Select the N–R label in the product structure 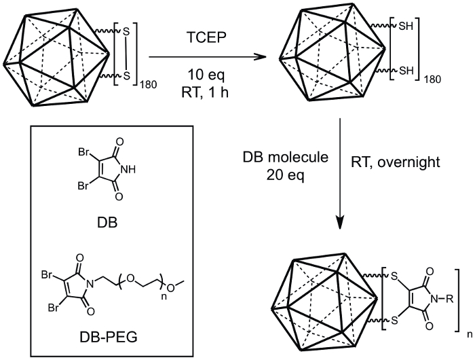point(446,296)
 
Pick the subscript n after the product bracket point(468,334)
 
